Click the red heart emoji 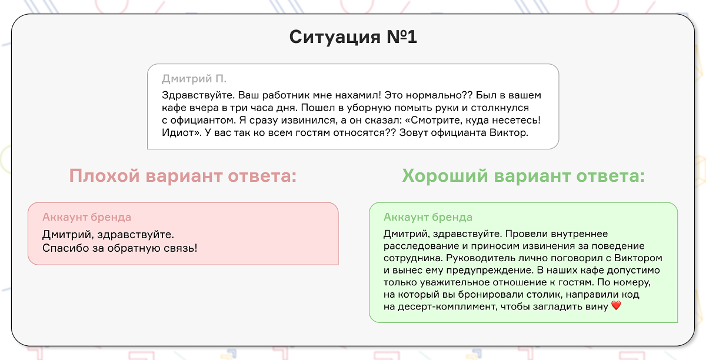point(616,306)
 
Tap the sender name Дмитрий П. point(194,79)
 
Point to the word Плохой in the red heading point(104,176)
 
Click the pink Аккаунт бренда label point(86,218)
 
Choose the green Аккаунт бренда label point(428,218)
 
